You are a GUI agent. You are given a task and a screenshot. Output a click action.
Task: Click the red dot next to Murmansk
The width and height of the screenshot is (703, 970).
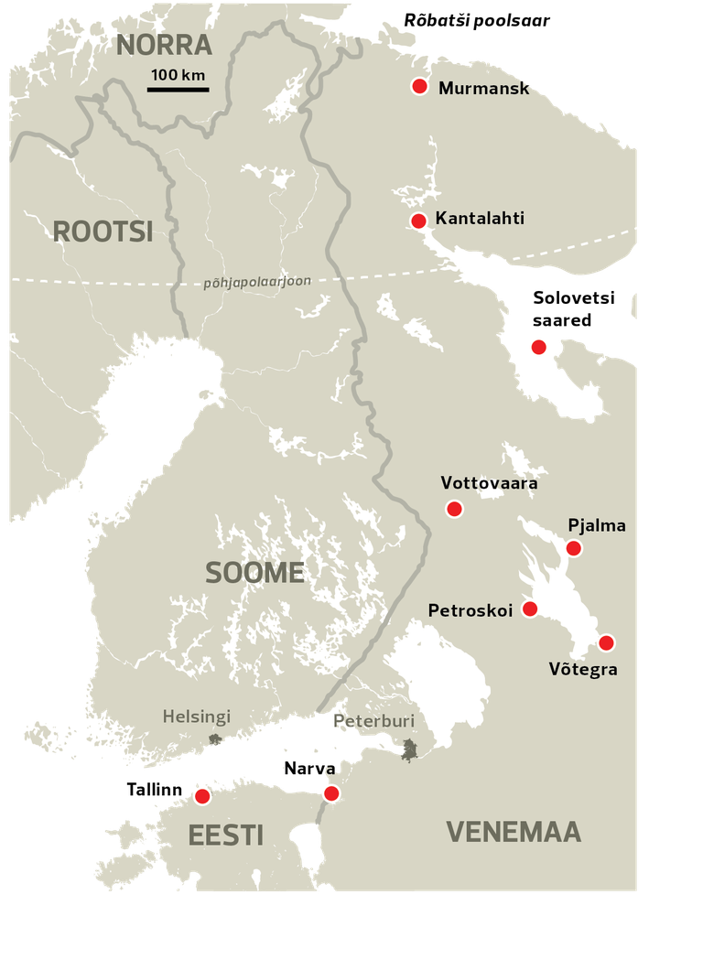[x=420, y=86]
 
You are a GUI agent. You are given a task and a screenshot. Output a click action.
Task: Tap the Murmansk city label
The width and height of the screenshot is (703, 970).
[x=483, y=89]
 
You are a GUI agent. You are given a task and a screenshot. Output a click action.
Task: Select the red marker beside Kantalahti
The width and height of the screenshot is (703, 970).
[x=418, y=221]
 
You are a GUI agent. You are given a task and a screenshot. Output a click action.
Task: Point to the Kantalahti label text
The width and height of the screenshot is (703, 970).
[x=480, y=221]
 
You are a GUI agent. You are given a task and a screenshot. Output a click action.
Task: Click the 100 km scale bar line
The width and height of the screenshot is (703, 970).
[x=178, y=90]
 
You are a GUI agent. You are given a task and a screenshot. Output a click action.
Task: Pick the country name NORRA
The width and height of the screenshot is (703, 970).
[x=165, y=46]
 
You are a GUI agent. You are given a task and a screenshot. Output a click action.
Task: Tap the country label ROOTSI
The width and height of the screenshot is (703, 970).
[x=103, y=232]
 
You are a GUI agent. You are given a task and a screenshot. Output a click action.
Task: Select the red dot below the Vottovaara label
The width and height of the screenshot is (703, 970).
[x=454, y=509]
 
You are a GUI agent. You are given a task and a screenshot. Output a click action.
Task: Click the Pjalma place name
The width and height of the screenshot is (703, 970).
[x=597, y=525]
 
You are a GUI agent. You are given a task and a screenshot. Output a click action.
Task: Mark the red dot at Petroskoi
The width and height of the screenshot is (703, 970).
[x=529, y=609]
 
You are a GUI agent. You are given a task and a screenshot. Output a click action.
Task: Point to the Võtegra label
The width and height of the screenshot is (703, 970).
[x=583, y=669]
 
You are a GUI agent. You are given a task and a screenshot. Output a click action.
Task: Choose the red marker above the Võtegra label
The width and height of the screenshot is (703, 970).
[x=606, y=642]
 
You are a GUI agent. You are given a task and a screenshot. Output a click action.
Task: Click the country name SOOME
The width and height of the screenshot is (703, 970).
[x=254, y=573]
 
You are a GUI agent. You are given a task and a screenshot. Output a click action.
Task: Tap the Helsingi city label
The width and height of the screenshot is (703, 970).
[x=197, y=717]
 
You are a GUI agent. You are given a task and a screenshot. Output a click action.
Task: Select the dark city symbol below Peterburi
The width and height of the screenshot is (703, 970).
[x=410, y=749]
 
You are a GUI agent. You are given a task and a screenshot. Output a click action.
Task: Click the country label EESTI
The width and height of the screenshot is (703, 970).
[x=225, y=835]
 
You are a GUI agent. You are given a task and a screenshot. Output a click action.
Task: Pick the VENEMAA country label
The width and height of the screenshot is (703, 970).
[x=514, y=832]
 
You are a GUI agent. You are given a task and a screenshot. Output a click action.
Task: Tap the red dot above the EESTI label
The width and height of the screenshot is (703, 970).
[x=202, y=796]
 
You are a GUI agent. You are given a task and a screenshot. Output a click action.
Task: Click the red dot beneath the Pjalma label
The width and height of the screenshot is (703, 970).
[x=573, y=548]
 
